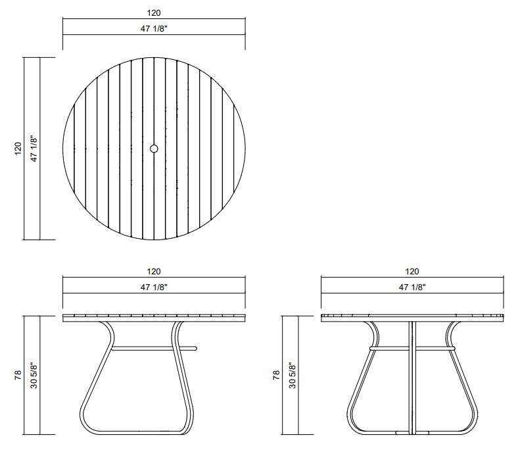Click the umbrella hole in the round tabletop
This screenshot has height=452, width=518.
tap(154, 149)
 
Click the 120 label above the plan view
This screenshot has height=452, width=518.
tap(154, 13)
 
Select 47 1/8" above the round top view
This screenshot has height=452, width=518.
tap(154, 29)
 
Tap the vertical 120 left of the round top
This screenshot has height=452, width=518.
tap(18, 149)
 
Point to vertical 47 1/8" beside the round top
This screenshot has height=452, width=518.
tap(34, 149)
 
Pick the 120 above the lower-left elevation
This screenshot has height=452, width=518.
tap(154, 272)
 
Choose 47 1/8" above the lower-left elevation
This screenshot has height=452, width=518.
tap(154, 288)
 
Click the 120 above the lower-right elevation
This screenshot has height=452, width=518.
tap(412, 272)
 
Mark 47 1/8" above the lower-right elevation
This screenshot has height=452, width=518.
tap(412, 288)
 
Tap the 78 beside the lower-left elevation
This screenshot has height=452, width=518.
tap(18, 375)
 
